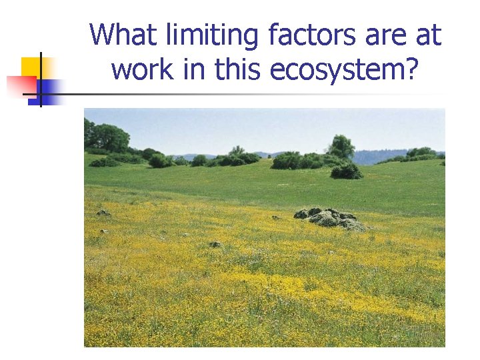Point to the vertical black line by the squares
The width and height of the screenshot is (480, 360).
click(40, 79)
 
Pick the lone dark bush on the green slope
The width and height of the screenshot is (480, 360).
click(347, 171)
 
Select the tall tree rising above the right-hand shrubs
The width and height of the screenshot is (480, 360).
click(341, 146)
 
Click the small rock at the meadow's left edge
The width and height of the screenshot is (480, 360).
click(103, 213)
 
